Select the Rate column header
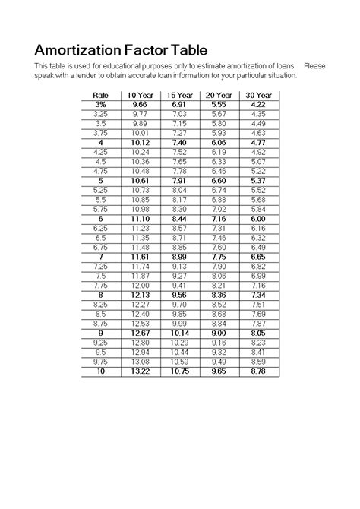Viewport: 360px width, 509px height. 101,95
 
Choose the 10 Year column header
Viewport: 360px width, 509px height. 140,95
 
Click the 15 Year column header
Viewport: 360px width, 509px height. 179,95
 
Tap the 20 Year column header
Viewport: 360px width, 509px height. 219,95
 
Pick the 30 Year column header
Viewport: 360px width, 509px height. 258,95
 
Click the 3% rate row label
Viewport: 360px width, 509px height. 101,104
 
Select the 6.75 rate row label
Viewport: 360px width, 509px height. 101,248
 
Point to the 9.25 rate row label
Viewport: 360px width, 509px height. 101,343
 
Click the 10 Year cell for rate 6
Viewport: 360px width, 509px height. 140,219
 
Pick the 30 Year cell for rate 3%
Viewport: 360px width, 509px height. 258,104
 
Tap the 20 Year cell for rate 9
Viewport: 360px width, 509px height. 219,334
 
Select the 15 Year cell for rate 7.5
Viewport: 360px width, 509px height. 179,277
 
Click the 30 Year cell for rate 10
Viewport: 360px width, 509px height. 258,371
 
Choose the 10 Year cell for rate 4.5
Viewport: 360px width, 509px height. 140,162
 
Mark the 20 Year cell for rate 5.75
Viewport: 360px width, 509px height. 219,209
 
